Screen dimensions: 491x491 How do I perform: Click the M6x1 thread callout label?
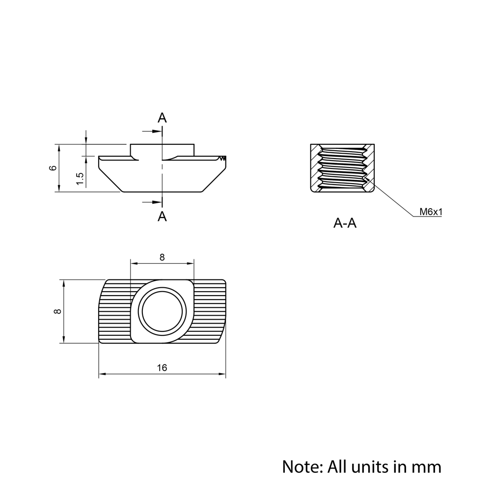(x=431, y=212)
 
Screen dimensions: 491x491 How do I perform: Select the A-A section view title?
(x=345, y=224)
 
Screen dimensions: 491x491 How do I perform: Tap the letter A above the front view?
(x=162, y=118)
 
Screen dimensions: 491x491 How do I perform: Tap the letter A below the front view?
(x=162, y=216)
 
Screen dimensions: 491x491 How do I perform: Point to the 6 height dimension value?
(x=53, y=168)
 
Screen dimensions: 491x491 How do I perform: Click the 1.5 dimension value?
(x=81, y=179)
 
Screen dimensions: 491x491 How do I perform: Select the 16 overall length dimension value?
(x=162, y=368)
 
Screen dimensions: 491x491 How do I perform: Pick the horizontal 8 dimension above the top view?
(x=162, y=257)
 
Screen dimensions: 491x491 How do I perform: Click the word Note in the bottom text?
(x=300, y=466)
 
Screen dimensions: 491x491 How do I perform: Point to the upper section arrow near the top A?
(x=151, y=131)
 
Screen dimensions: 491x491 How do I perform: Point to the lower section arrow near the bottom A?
(x=151, y=201)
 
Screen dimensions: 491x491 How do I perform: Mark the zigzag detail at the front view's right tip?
(x=223, y=158)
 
